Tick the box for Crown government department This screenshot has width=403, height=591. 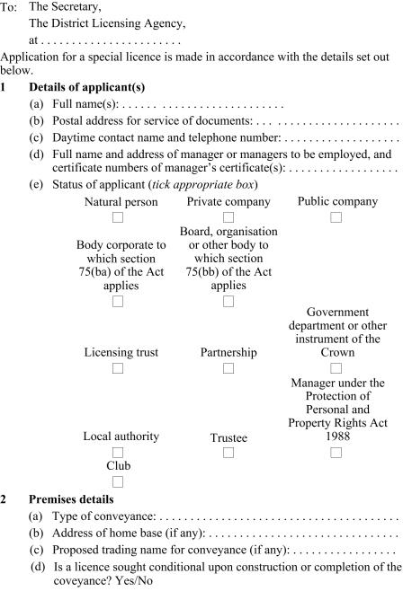[x=336, y=368]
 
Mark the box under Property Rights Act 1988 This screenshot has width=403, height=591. [x=336, y=452]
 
